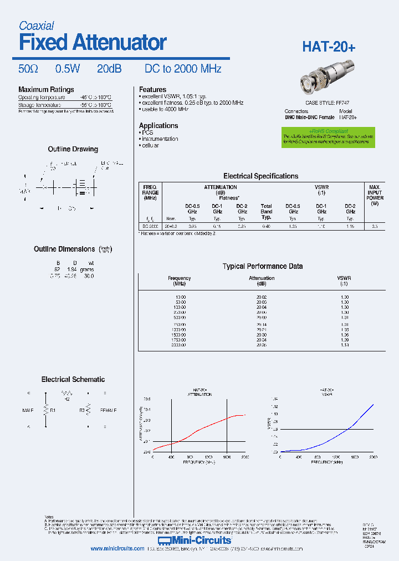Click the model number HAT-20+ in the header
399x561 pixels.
[329, 48]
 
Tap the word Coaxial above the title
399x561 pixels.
[36, 25]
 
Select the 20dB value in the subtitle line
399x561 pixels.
[109, 69]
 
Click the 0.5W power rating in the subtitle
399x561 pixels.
[68, 69]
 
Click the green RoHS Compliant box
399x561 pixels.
[328, 137]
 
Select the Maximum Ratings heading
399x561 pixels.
[46, 90]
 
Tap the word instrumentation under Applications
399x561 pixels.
[160, 139]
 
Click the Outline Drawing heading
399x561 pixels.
[73, 149]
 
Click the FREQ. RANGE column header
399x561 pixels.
[150, 192]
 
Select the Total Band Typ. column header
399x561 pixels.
[267, 211]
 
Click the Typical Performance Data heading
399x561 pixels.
[263, 266]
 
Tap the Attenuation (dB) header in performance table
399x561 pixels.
[262, 281]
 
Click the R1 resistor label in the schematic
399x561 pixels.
[53, 411]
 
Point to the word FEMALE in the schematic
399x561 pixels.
[108, 411]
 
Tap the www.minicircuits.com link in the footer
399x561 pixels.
[117, 549]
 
